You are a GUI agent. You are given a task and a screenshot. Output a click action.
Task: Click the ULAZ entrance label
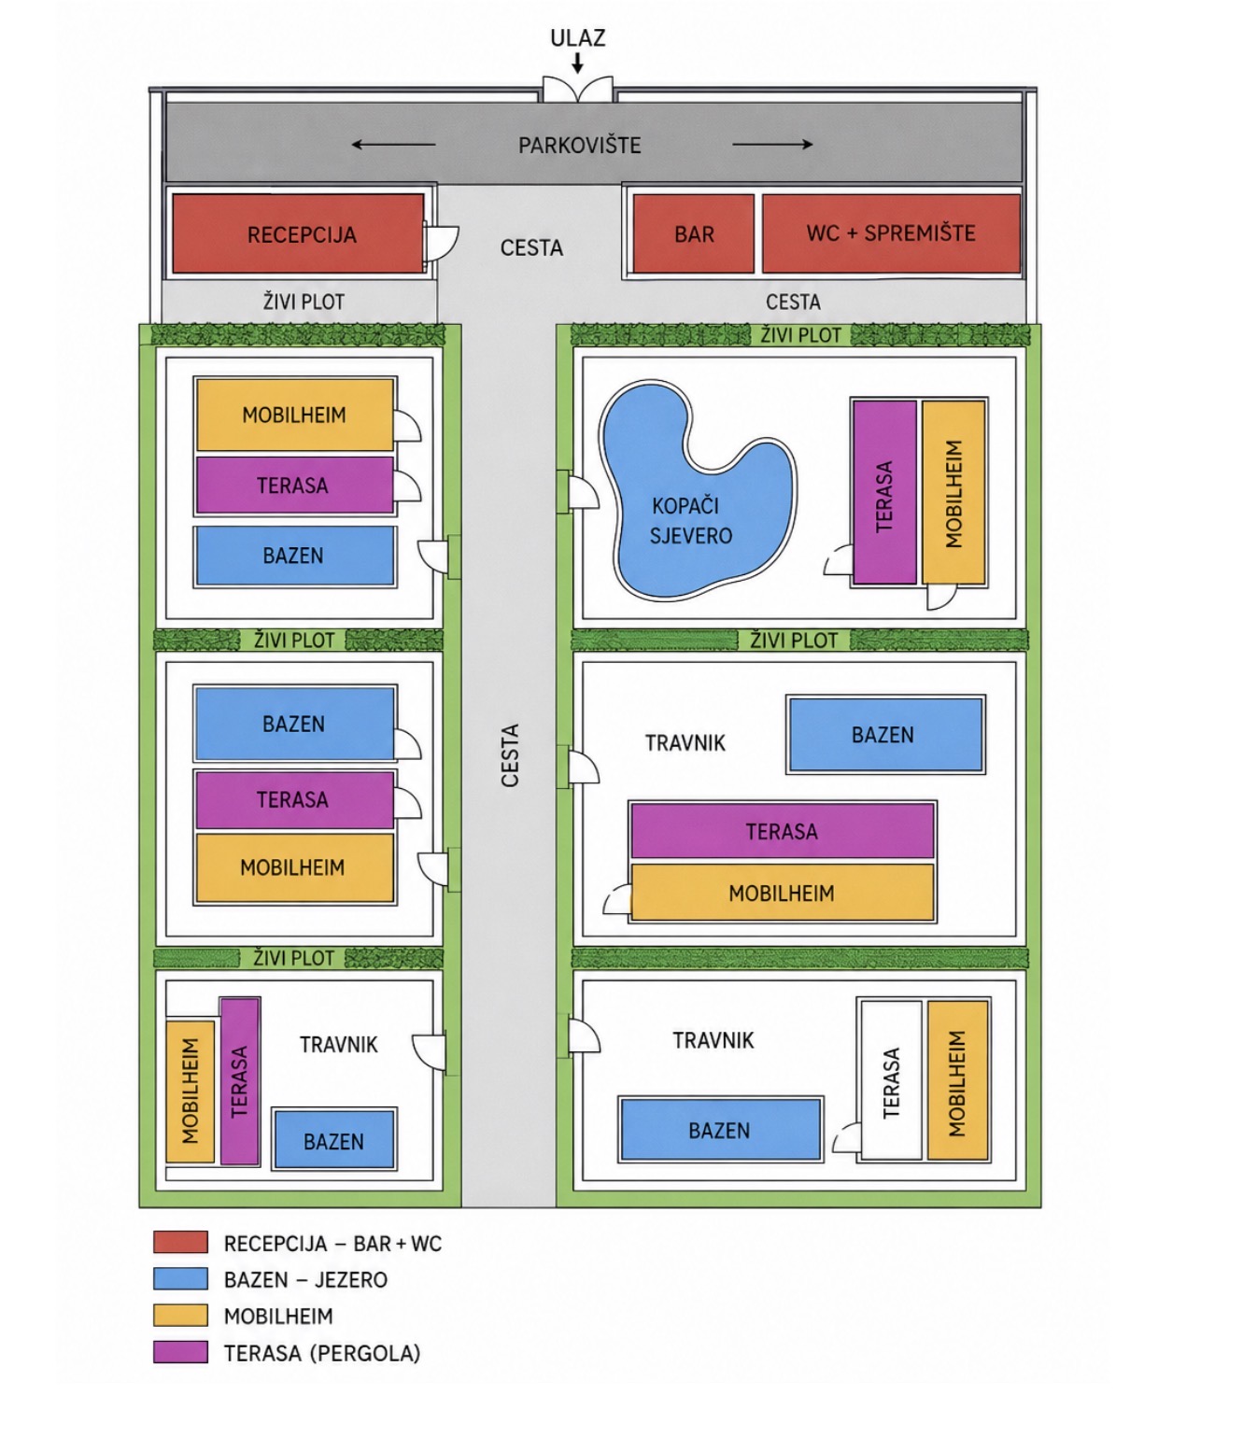pyautogui.click(x=577, y=38)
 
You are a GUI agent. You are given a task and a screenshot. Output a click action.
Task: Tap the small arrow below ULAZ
pyautogui.click(x=577, y=63)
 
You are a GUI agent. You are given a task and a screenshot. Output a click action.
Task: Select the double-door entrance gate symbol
pyautogui.click(x=577, y=89)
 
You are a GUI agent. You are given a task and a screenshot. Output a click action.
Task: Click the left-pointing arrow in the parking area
pyautogui.click(x=393, y=145)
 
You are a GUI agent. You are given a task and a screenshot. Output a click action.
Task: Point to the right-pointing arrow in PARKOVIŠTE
pyautogui.click(x=772, y=144)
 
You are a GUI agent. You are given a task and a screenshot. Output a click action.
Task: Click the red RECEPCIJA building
pyautogui.click(x=298, y=233)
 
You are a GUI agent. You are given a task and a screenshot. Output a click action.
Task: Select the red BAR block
pyautogui.click(x=693, y=233)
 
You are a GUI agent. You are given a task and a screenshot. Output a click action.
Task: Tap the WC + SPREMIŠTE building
pyautogui.click(x=891, y=233)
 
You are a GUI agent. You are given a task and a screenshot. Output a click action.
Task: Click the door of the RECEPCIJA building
pyautogui.click(x=441, y=243)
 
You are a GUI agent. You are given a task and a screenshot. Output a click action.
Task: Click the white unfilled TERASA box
pyautogui.click(x=891, y=1080)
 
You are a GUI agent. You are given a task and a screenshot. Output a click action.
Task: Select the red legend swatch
pyautogui.click(x=180, y=1242)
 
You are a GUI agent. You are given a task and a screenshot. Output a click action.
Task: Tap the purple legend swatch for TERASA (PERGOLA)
pyautogui.click(x=180, y=1352)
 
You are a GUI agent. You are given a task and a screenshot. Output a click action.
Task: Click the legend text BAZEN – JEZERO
pyautogui.click(x=305, y=1280)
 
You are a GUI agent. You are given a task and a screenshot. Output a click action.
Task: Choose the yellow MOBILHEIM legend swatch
pyautogui.click(x=180, y=1316)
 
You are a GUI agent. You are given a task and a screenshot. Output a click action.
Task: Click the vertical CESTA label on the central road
pyautogui.click(x=510, y=755)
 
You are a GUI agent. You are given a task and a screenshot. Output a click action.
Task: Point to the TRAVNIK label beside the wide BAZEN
pyautogui.click(x=685, y=742)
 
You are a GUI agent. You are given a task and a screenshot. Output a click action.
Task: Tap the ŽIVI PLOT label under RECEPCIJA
pyautogui.click(x=304, y=302)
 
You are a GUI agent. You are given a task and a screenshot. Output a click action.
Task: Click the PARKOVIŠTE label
pyautogui.click(x=579, y=146)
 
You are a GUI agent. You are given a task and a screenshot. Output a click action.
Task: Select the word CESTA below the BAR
pyautogui.click(x=793, y=302)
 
